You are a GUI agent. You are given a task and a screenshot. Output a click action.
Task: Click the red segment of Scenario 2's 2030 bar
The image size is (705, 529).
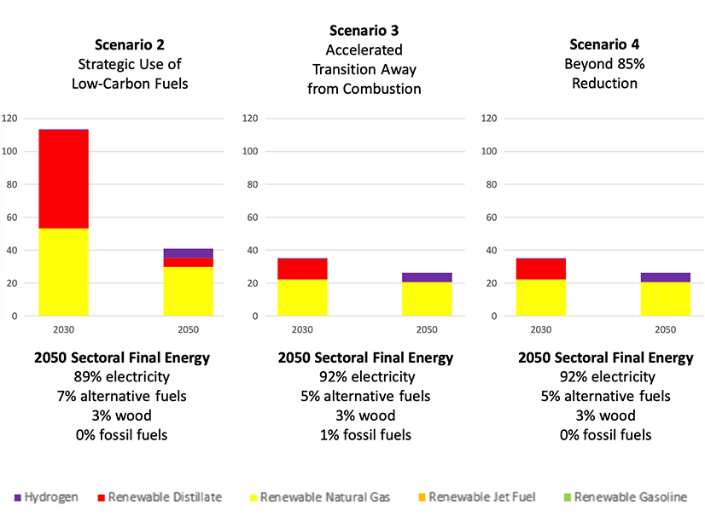click(63, 179)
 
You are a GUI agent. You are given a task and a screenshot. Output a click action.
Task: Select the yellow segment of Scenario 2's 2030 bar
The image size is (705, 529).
click(63, 272)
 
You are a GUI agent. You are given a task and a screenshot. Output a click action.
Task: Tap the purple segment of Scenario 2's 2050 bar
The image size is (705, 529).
click(188, 253)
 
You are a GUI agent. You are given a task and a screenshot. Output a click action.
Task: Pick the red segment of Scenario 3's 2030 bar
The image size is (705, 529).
click(302, 269)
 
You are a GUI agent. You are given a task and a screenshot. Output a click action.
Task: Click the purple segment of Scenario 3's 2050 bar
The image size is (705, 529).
click(427, 277)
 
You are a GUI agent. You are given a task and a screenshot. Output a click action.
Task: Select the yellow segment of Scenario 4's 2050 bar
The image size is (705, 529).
click(666, 299)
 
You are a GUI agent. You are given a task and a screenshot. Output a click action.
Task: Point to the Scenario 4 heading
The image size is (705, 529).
click(604, 44)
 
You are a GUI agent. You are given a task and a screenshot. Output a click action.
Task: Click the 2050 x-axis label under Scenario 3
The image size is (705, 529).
click(427, 328)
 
